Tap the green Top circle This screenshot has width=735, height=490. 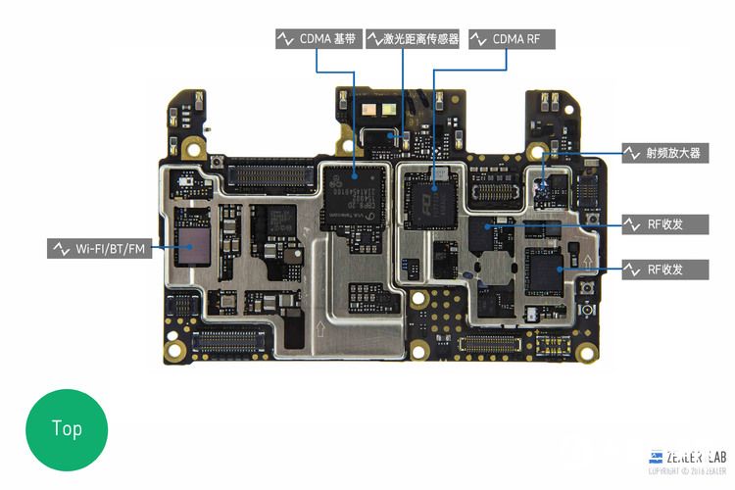click(67, 428)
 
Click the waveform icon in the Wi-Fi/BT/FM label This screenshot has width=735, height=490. click(61, 249)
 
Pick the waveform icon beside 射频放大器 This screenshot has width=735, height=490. click(633, 153)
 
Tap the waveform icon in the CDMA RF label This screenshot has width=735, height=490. click(479, 39)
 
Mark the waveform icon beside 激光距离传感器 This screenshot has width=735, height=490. click(374, 39)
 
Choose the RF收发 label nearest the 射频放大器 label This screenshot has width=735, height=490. click(665, 224)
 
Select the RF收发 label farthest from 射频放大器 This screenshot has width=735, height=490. click(665, 269)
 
